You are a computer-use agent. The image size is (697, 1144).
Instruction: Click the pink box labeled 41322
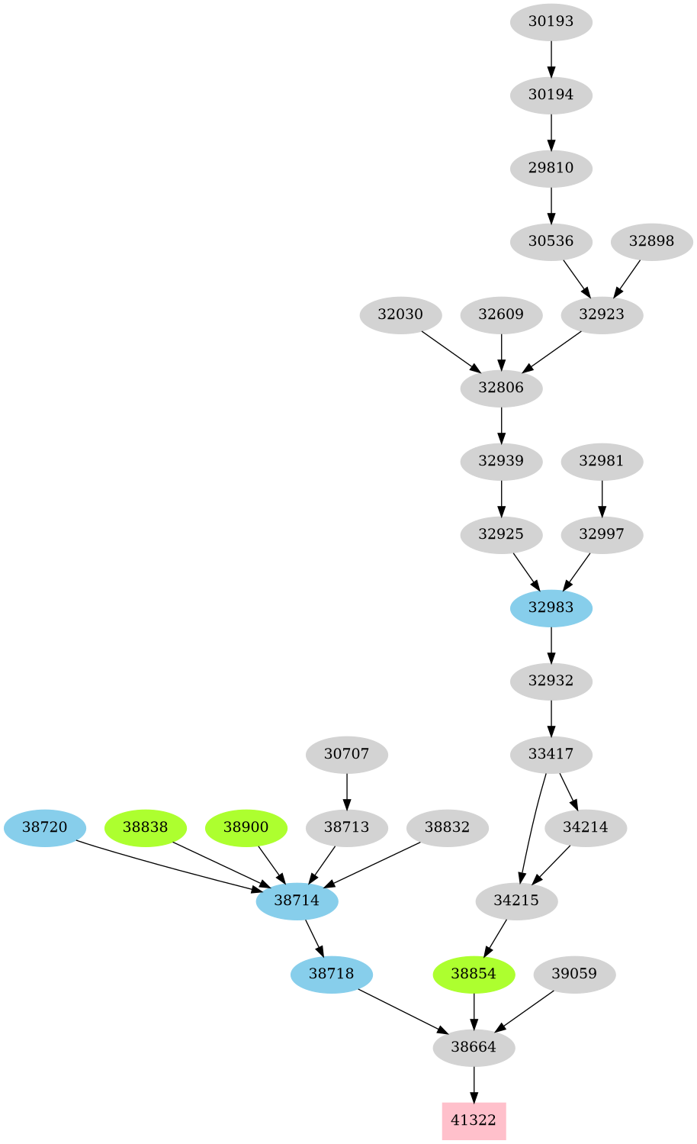tap(474, 1120)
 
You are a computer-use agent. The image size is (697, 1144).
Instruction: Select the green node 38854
tap(474, 974)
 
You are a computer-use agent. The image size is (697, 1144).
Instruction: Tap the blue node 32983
tap(551, 607)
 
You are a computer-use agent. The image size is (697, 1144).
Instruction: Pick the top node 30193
tap(551, 21)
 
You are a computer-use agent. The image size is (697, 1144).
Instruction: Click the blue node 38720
tap(45, 827)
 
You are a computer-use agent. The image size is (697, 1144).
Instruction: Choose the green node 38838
tap(145, 827)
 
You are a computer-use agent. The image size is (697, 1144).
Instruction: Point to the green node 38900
tap(246, 827)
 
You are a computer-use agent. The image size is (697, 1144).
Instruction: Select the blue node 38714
tap(297, 901)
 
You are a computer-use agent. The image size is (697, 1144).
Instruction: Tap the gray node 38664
tap(474, 1047)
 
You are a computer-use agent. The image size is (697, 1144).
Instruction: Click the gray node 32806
tap(501, 388)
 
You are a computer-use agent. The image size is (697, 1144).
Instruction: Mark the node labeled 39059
tap(574, 974)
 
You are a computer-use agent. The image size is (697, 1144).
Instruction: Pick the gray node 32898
tap(651, 241)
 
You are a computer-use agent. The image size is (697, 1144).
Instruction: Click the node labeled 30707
tap(346, 754)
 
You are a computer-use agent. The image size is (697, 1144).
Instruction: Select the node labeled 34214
tap(586, 827)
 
